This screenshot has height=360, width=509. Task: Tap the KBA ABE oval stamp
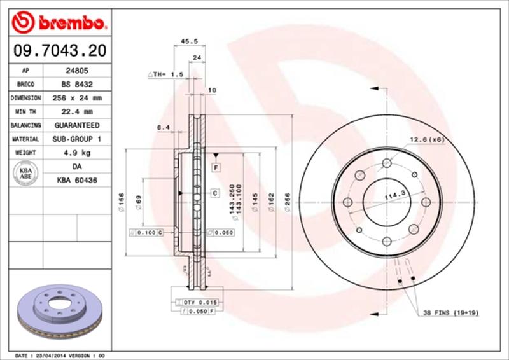[x=26, y=173]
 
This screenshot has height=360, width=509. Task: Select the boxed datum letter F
[x=216, y=167]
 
